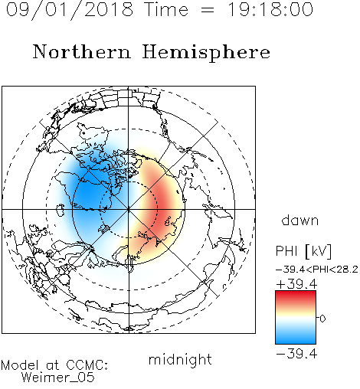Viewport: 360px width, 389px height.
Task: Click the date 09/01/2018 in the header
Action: [70, 10]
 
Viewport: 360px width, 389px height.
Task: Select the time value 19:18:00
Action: [270, 9]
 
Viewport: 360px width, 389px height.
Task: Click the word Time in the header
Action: [166, 9]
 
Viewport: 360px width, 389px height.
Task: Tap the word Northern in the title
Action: [82, 51]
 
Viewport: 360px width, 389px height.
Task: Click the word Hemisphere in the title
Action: [206, 53]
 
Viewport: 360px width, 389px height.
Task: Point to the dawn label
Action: [299, 221]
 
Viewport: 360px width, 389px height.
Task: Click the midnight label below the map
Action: [180, 359]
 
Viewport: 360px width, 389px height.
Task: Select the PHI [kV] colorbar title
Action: [303, 251]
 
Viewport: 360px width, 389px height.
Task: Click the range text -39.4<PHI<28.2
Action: [317, 270]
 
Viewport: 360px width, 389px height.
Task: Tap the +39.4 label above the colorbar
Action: [296, 284]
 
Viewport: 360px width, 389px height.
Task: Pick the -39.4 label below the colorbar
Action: [296, 354]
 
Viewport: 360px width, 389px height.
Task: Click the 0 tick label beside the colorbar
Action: [322, 319]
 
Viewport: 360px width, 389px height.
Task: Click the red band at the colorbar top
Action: [296, 295]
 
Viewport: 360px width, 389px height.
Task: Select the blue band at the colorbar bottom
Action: [296, 339]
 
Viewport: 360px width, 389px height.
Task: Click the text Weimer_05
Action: [58, 378]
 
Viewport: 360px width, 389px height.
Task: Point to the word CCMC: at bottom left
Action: [87, 365]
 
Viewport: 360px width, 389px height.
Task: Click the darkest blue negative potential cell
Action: [88, 195]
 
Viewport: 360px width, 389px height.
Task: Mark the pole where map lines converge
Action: [129, 210]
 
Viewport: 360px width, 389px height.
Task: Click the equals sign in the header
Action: [208, 10]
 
